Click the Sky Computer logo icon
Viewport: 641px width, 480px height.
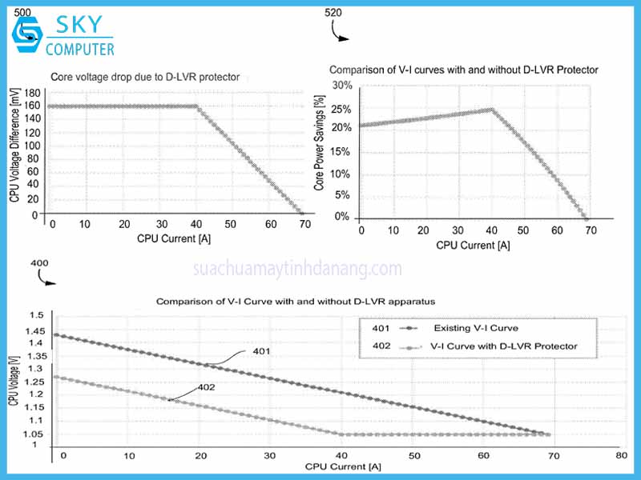26,31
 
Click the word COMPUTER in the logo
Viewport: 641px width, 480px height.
79,50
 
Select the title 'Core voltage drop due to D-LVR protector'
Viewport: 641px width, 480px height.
145,78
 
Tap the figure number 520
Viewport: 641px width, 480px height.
336,13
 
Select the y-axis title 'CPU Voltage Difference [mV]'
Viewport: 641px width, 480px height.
14,144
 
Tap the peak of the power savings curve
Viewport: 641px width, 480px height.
491,109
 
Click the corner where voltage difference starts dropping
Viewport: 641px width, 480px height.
197,106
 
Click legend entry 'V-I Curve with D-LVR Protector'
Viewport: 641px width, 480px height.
503,346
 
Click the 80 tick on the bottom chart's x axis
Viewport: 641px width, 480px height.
620,455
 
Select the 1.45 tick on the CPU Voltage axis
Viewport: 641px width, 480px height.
36,331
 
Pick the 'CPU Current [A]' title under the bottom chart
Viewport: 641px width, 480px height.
337,466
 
